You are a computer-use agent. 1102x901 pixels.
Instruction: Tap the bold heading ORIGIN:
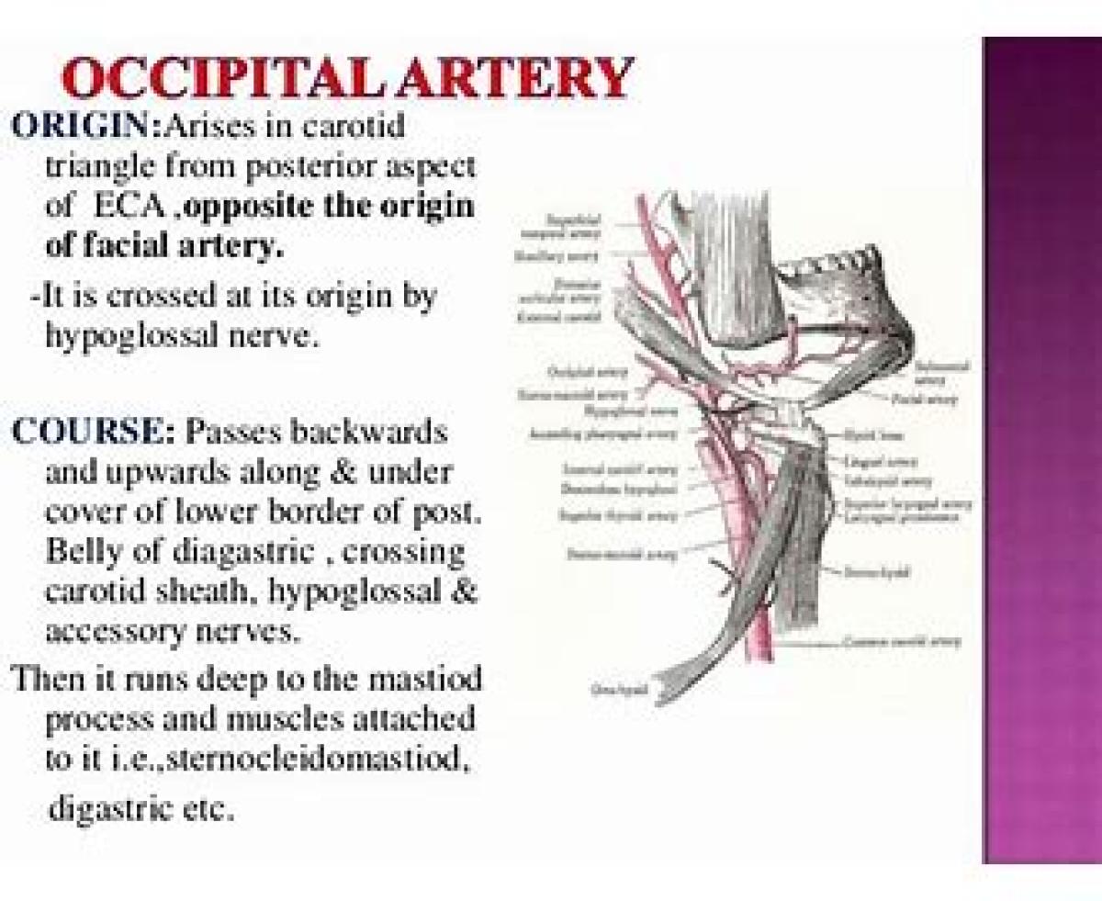pyautogui.click(x=85, y=127)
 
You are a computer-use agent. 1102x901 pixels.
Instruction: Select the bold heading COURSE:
pyautogui.click(x=93, y=432)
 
